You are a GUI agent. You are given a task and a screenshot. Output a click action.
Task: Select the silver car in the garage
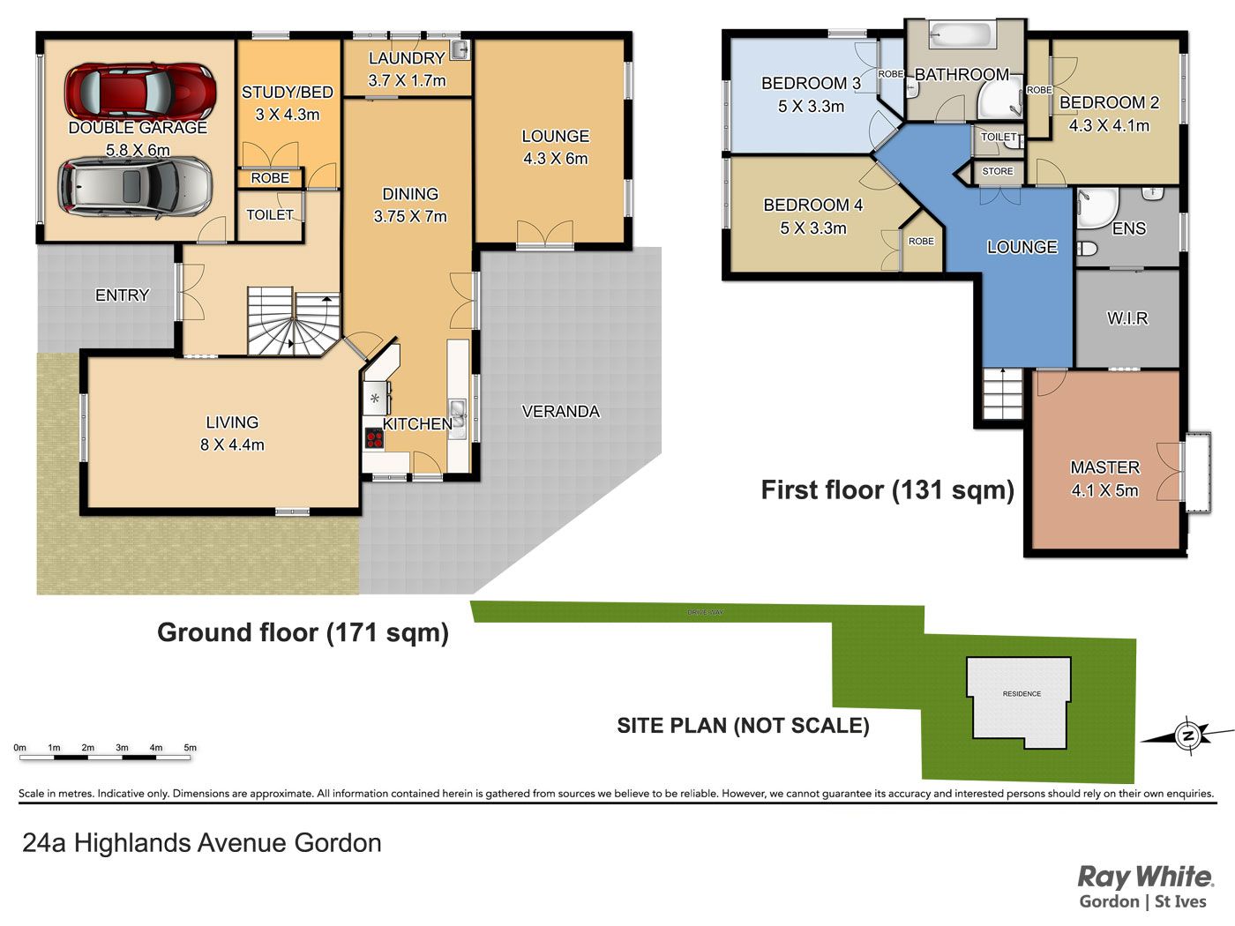pos(136,185)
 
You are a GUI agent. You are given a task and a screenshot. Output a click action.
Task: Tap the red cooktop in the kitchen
pos(374,438)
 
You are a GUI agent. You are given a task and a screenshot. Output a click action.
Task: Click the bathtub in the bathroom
pos(961,35)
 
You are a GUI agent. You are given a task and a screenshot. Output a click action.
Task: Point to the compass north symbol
pos(1188,736)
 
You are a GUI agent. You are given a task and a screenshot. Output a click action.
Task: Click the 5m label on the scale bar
pos(191,748)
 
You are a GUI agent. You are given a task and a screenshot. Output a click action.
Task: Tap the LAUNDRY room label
pos(407,58)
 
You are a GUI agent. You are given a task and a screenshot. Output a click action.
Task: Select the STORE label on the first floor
pos(998,171)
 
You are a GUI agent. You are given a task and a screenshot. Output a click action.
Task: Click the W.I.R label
pos(1127,318)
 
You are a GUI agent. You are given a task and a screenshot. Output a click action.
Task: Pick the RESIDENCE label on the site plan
pos(1022,694)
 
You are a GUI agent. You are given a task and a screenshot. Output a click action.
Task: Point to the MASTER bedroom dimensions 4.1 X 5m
pos(1105,491)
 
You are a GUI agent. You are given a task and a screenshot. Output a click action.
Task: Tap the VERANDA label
pos(560,412)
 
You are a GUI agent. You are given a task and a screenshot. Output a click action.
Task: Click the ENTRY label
pos(122,295)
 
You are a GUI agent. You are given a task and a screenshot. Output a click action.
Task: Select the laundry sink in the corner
pos(460,49)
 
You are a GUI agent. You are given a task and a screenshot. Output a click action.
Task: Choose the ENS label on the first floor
pos(1128,228)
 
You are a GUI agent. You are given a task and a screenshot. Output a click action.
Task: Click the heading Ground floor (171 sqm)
pos(303,633)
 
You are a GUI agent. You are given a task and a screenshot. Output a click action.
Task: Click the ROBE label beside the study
pos(270,178)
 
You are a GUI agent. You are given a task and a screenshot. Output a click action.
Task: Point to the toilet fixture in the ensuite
pos(1087,249)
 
